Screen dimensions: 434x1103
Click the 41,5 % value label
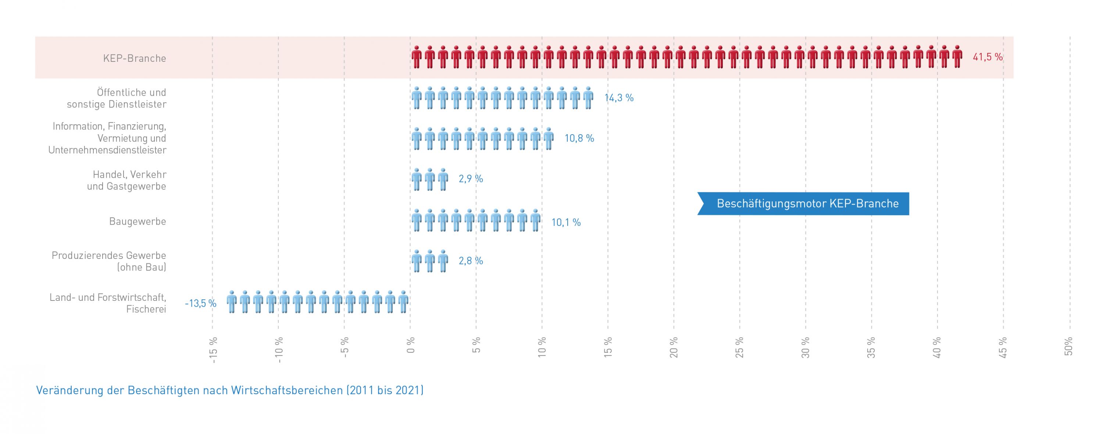[988, 57]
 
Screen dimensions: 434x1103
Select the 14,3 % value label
[619, 98]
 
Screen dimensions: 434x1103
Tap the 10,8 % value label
[579, 138]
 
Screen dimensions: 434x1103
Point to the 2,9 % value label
[471, 179]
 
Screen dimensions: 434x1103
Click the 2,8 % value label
[471, 261]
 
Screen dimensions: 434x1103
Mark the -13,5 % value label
[200, 304]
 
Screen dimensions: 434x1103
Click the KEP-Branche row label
[135, 58]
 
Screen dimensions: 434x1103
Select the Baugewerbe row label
[138, 221]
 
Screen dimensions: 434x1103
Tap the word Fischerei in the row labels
[146, 309]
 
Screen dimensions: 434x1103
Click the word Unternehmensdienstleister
[107, 150]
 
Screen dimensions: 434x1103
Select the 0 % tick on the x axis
[411, 345]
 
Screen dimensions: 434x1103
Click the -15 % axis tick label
[213, 350]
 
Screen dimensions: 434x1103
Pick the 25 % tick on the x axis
[740, 348]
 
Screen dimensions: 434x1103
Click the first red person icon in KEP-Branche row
[417, 57]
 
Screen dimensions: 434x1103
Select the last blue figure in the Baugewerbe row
[535, 221]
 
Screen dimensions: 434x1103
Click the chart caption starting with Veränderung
[230, 390]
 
